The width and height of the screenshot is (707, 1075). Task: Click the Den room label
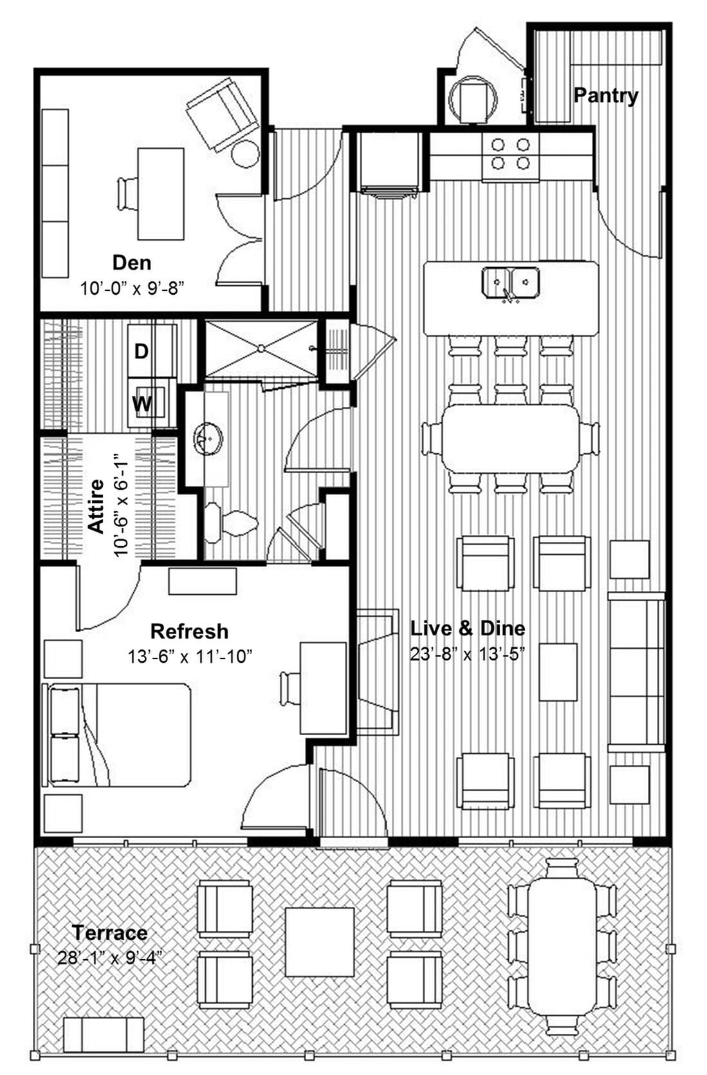click(x=132, y=263)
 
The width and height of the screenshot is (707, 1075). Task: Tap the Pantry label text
click(x=605, y=95)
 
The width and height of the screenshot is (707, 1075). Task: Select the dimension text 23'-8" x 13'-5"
click(x=468, y=654)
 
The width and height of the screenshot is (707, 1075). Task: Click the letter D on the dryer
click(x=142, y=351)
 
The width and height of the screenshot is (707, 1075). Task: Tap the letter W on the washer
click(x=142, y=404)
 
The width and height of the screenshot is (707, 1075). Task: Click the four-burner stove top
click(x=511, y=154)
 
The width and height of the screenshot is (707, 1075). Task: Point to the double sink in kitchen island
click(x=511, y=281)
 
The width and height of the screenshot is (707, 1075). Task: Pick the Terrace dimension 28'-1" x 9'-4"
click(x=109, y=958)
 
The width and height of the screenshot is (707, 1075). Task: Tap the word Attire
click(x=96, y=506)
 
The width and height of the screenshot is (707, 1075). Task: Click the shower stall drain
click(x=261, y=348)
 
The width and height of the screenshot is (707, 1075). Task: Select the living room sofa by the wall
click(x=636, y=672)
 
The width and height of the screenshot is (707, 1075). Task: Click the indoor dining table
click(x=511, y=438)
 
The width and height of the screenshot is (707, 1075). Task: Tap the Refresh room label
click(x=189, y=631)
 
